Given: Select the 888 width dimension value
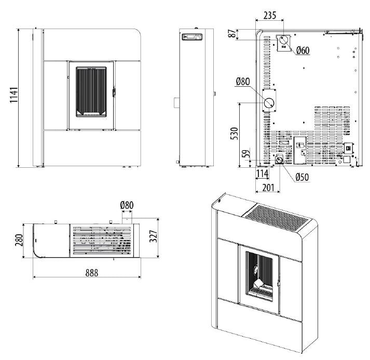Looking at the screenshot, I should [89, 272].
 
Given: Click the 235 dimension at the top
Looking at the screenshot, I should [270, 16].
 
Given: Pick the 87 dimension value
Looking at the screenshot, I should [231, 34].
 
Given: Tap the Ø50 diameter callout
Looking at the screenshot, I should [302, 177].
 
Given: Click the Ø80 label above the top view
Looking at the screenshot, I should [127, 205].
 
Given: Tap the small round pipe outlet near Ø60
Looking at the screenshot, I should [284, 41].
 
